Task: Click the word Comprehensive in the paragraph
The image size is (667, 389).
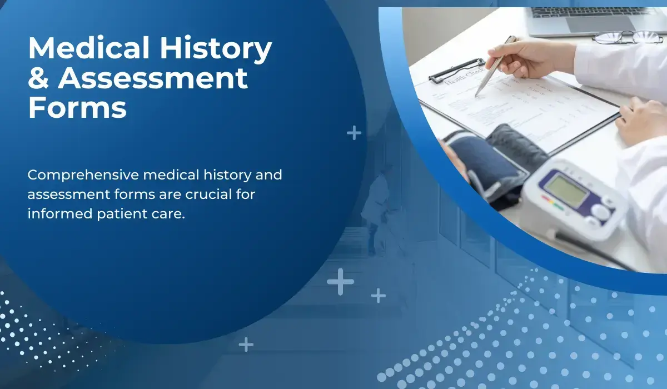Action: click(x=83, y=175)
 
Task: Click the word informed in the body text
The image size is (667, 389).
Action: click(x=54, y=214)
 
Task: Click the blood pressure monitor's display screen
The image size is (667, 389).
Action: click(x=566, y=187)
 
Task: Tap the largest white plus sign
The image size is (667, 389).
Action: click(x=340, y=282)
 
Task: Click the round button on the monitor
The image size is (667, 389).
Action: click(x=601, y=212)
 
